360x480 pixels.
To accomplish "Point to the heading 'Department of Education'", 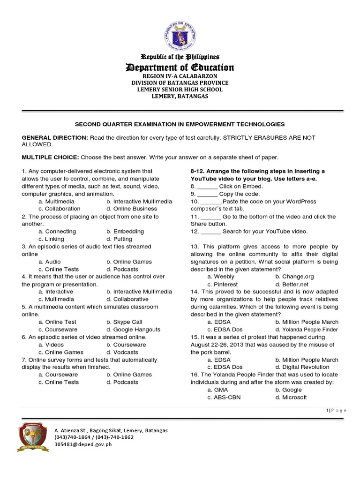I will [180, 68].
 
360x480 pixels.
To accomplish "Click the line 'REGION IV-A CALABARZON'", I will [180, 76].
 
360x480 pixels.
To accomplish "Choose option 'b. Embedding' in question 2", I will [125, 232].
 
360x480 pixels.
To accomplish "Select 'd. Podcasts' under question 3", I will [122, 270].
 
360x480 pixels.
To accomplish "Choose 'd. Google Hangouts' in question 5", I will [133, 330].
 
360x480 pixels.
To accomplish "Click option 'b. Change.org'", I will [295, 277].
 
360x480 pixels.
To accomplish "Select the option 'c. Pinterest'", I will [223, 285].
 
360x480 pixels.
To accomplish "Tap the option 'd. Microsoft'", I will [291, 397].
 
